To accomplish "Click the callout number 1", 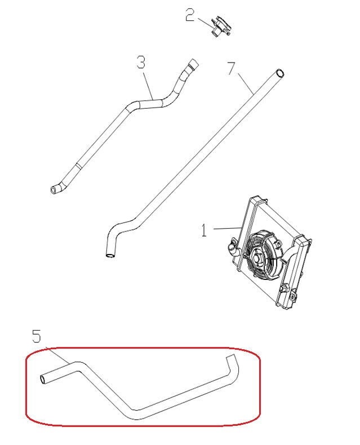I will click(x=204, y=230).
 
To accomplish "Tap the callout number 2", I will click(x=190, y=15).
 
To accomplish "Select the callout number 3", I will click(x=141, y=62).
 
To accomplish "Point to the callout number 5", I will click(x=36, y=337).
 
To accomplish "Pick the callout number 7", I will click(x=230, y=69).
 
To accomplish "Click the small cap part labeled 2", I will click(x=219, y=27).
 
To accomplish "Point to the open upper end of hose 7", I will click(x=279, y=72).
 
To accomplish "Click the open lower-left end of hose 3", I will click(x=55, y=190).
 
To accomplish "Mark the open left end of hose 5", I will click(x=43, y=380).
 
